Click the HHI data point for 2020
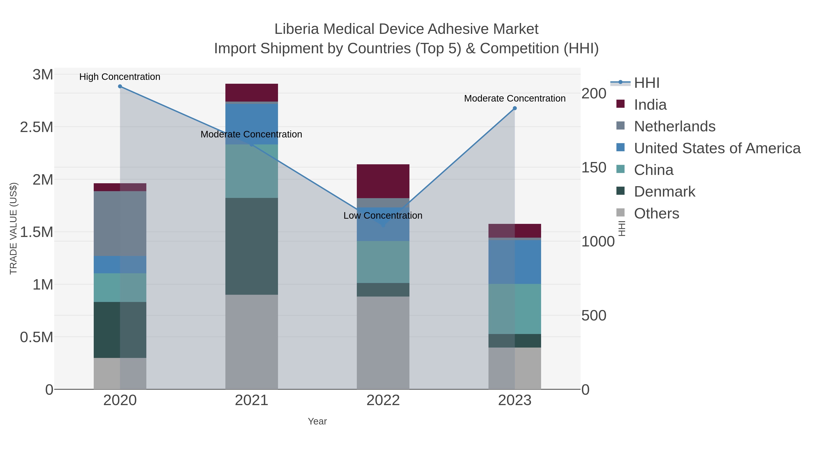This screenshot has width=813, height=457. tap(120, 86)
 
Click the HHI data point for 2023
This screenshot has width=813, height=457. tap(514, 108)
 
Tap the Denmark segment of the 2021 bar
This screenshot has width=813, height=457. tap(252, 246)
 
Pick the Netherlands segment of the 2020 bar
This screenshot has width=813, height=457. tap(120, 223)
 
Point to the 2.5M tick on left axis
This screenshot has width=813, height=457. tap(37, 127)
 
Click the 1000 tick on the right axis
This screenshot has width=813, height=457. tap(598, 241)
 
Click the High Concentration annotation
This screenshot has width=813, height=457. tap(120, 77)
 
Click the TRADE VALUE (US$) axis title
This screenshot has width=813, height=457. tap(13, 228)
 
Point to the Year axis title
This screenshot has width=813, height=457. tap(317, 421)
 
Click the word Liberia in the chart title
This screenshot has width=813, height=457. tap(297, 29)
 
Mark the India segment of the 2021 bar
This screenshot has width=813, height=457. tap(252, 92)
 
